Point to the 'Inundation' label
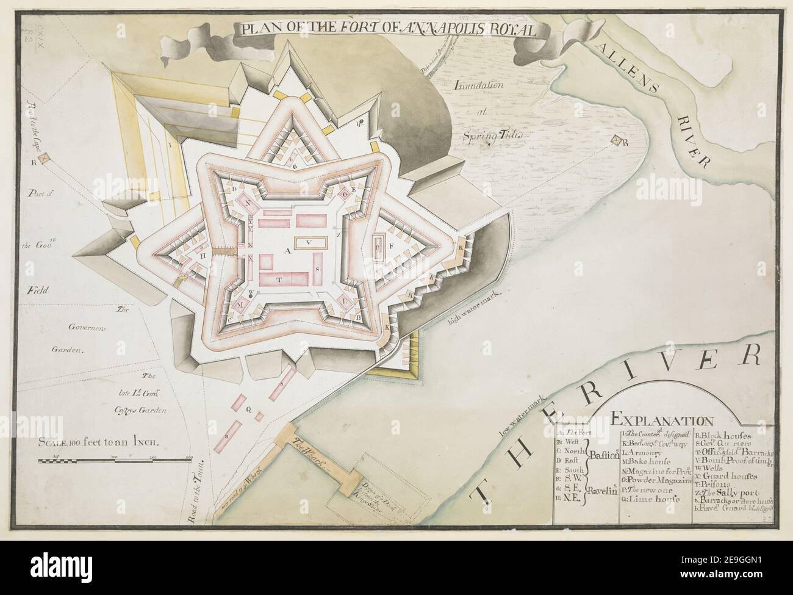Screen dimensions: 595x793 click(x=479, y=85)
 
